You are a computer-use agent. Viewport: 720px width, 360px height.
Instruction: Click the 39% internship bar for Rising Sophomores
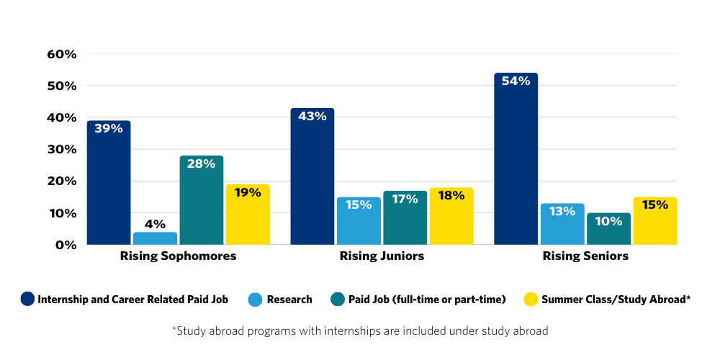[x=109, y=184]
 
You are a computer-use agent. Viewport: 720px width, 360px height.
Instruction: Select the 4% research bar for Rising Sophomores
[x=155, y=238]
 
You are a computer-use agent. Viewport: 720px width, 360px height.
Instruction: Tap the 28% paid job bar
[x=202, y=202]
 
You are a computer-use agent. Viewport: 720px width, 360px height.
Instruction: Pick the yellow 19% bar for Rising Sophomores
[x=248, y=216]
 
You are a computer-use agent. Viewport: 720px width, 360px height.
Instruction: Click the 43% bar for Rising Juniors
[x=312, y=177]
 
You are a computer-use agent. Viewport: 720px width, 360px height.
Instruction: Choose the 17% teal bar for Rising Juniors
[x=405, y=219]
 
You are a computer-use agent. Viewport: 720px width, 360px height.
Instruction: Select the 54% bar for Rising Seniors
[x=516, y=160]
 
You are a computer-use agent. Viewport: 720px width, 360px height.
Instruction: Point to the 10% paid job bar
[x=608, y=230]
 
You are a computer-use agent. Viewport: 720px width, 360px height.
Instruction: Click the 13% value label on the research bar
[x=562, y=212]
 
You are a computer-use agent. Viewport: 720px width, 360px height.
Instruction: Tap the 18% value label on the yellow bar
[x=451, y=196]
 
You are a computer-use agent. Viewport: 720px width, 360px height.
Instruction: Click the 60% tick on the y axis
[x=61, y=54]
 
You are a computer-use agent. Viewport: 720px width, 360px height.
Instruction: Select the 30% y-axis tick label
[x=61, y=149]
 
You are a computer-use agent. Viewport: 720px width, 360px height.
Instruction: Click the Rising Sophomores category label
[x=178, y=256]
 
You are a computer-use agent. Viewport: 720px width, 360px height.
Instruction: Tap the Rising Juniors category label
[x=382, y=256]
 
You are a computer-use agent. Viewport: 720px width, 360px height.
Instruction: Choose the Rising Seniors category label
[x=585, y=256]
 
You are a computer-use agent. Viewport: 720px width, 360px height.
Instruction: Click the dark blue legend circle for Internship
[x=27, y=299]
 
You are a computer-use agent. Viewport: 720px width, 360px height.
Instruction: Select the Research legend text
[x=289, y=300]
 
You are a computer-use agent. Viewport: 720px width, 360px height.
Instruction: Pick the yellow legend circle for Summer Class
[x=531, y=299]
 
